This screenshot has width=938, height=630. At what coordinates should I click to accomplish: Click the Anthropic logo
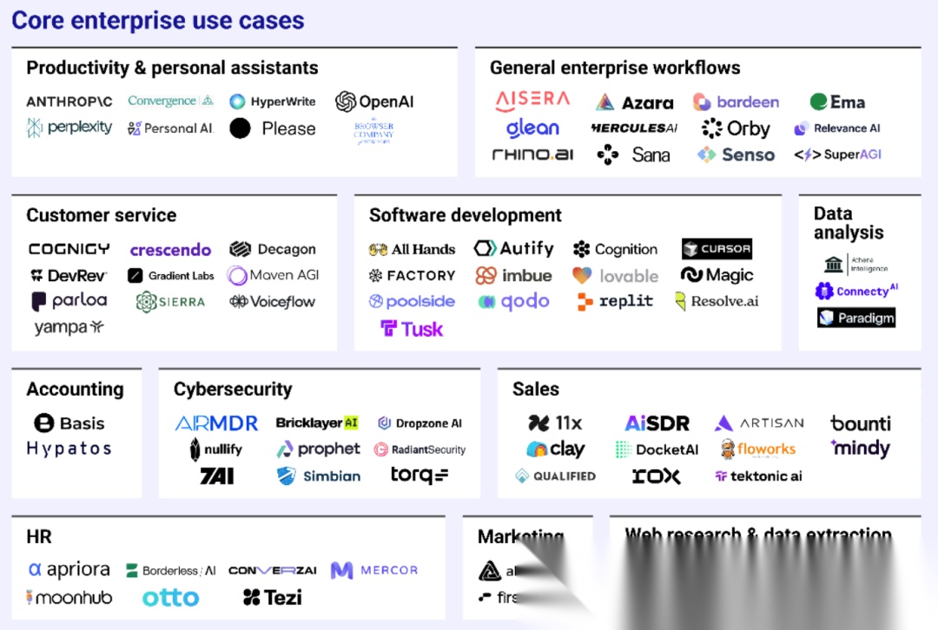point(69,102)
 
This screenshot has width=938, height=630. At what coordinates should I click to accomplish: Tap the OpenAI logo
point(374,102)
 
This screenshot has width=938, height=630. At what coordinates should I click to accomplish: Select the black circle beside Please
point(241,128)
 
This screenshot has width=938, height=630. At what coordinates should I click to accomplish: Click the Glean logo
point(532,128)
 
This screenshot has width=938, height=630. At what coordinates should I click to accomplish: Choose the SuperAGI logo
point(837,154)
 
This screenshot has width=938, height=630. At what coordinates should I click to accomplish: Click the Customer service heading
point(101,215)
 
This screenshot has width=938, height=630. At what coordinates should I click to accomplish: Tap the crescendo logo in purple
point(170,250)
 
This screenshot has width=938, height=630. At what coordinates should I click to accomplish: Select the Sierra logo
point(170,302)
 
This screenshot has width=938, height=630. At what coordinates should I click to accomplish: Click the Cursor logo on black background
point(717,249)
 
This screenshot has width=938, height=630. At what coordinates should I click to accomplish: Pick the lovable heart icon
point(582,276)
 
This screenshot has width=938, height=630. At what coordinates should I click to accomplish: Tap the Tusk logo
point(412,329)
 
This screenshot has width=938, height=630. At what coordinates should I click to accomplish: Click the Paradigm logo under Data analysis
point(855,318)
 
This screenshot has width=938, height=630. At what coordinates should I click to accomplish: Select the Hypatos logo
point(69,449)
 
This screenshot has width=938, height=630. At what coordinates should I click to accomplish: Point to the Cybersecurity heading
point(233,390)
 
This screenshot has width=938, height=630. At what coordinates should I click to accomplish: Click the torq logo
point(419,475)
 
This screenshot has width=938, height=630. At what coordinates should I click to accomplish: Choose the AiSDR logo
point(657,423)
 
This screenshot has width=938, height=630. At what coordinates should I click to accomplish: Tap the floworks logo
point(757,450)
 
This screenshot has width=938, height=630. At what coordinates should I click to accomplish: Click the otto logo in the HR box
point(170,597)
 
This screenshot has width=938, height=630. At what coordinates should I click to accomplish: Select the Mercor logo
point(374,570)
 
